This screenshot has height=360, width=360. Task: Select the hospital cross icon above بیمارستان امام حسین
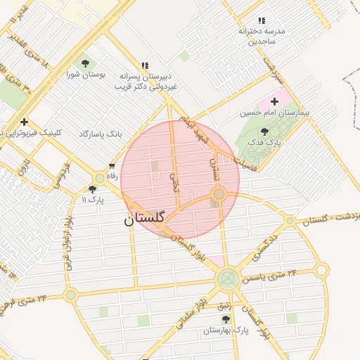click(x=274, y=103)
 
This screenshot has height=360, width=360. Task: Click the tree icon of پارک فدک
click(x=264, y=131)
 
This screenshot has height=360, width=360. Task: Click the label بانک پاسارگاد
click(x=101, y=133)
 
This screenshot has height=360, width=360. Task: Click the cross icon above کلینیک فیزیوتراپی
click(x=25, y=122)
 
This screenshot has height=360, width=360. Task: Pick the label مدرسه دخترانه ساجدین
click(x=260, y=36)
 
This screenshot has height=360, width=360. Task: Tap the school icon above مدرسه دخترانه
click(x=262, y=21)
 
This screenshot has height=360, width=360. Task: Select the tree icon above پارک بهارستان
click(x=225, y=319)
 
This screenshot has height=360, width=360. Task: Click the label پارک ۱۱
click(x=92, y=200)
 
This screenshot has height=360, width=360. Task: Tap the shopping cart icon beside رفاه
click(x=111, y=166)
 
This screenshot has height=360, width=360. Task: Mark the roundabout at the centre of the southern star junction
click(x=227, y=280)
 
